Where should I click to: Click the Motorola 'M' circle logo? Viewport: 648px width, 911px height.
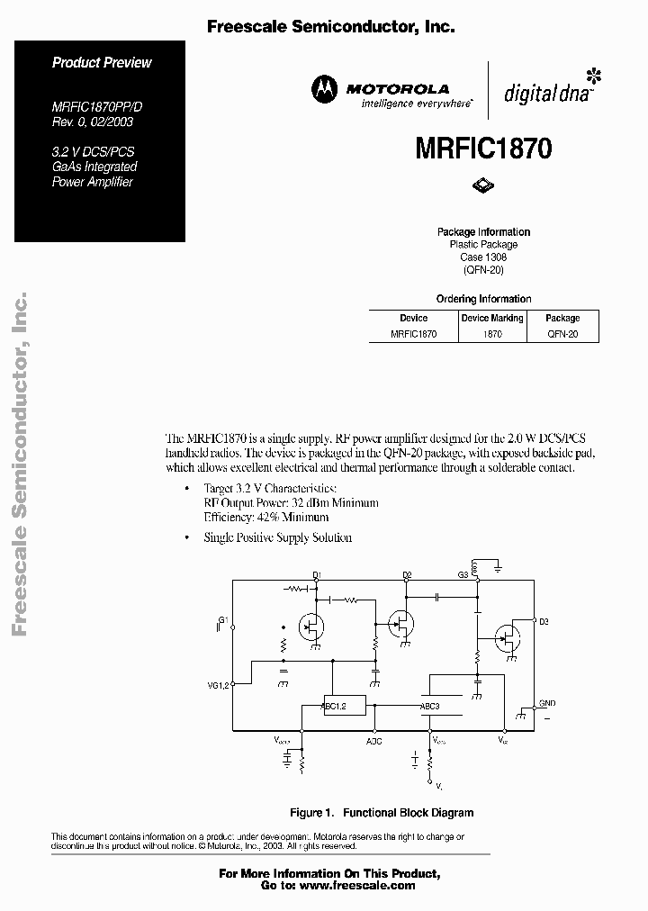[x=323, y=88]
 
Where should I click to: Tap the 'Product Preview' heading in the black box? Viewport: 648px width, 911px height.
[x=102, y=62]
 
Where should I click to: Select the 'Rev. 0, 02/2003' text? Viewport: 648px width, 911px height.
[x=93, y=122]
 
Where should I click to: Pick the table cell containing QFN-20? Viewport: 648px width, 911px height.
[x=562, y=333]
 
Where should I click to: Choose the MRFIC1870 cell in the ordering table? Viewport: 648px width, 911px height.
[x=413, y=333]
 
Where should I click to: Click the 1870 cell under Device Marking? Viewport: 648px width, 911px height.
[x=492, y=333]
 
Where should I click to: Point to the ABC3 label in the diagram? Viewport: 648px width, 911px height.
[x=430, y=707]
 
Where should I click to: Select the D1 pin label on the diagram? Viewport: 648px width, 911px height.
[x=317, y=574]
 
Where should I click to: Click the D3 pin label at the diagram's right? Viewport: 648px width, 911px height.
[x=544, y=621]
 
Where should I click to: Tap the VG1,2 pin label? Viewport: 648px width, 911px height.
[x=219, y=685]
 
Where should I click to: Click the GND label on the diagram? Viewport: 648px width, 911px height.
[x=547, y=702]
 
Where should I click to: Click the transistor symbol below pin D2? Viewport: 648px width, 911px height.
[x=401, y=622]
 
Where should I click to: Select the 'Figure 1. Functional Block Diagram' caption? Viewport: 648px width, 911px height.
[x=382, y=812]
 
